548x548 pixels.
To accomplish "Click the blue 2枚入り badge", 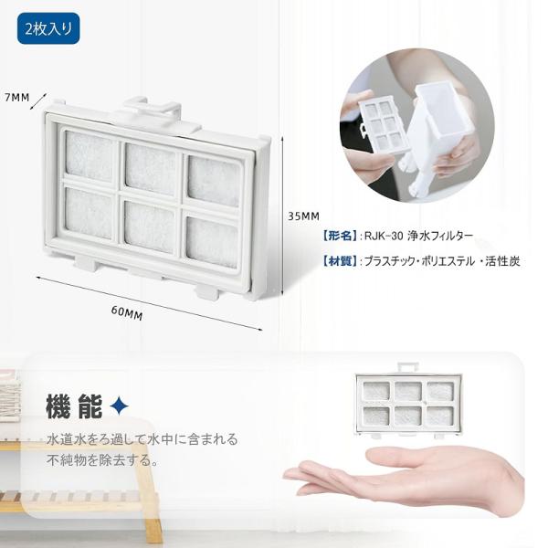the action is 48,28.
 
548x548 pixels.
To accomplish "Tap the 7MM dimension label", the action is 17,97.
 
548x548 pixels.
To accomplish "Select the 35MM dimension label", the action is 303,216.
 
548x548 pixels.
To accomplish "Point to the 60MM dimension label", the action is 127,313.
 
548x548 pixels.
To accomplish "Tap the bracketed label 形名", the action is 340,236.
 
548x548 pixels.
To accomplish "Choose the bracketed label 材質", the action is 340,260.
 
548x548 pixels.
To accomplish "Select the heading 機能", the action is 74,406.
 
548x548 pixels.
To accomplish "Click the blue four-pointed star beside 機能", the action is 119,406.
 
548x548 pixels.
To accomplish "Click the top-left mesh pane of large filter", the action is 90,156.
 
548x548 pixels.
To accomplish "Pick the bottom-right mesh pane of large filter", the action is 212,242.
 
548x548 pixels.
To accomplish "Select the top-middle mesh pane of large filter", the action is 151,169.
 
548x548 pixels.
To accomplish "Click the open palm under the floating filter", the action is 406,477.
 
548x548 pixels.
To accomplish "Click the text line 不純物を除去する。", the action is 102,460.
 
